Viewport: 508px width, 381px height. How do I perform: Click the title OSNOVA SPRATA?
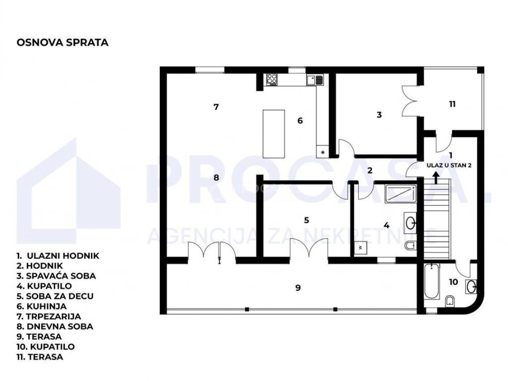tap(62, 43)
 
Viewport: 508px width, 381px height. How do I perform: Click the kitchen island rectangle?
tap(274, 134)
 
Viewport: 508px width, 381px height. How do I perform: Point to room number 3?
tap(379, 115)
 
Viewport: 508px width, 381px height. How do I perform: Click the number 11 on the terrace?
tap(452, 104)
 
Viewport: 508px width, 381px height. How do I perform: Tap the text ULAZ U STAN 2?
tap(448, 165)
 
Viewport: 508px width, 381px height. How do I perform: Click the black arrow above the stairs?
tap(436, 178)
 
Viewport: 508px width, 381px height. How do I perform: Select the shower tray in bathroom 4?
tap(400, 194)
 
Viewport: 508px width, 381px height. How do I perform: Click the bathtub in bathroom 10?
tap(431, 281)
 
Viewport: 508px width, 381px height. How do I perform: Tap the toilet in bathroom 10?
tap(450, 301)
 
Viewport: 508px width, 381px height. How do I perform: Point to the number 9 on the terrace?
tap(298, 287)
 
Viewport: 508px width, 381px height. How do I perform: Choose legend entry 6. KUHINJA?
tap(42, 306)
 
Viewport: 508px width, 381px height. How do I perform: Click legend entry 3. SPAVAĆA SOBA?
tap(56, 276)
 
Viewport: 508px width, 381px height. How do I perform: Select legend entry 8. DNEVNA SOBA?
tap(55, 326)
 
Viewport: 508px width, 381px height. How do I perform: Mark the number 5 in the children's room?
tap(307, 220)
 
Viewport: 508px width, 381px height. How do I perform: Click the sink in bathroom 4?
tap(410, 222)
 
